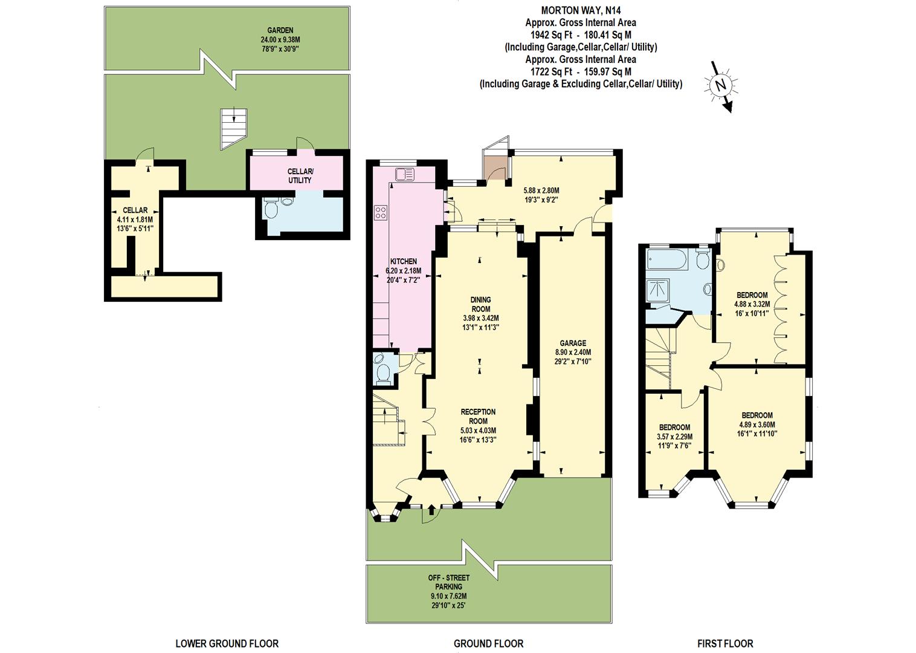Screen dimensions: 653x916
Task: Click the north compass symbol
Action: [x=720, y=86]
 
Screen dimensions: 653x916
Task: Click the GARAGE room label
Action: [x=572, y=343]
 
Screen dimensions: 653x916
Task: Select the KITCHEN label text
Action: [x=403, y=261]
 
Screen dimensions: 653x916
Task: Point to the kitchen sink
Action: [x=404, y=174]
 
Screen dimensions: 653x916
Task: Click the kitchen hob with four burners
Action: [x=381, y=212]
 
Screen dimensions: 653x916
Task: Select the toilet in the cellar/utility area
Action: [x=271, y=209]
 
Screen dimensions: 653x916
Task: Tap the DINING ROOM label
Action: [x=481, y=304]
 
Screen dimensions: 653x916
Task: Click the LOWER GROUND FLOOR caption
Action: [x=227, y=643]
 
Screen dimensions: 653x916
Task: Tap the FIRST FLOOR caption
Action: [x=725, y=643]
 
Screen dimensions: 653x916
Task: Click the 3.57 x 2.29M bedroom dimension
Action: [x=674, y=437]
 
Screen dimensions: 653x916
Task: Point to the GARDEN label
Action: [x=280, y=30]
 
